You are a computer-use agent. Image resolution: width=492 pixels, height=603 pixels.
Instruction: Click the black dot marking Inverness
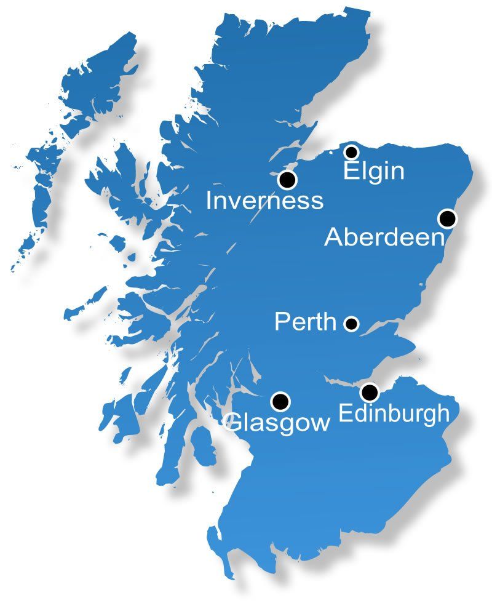point(287,180)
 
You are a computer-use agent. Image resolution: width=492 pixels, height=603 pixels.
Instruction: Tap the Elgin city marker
point(351,152)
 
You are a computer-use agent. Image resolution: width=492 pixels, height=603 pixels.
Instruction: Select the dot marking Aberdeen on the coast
point(447,218)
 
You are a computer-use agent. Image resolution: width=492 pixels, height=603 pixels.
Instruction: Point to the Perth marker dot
point(351,324)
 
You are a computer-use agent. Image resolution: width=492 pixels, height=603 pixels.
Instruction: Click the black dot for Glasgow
point(281,401)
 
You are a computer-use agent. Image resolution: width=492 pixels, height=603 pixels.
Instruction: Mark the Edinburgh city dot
point(369,392)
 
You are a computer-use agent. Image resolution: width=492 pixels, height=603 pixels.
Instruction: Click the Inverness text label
point(264,201)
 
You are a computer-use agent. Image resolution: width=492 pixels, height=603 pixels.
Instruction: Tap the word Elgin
point(373,170)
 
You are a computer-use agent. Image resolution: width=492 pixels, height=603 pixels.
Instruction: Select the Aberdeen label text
point(384,237)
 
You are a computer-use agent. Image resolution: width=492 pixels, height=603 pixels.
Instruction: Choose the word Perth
point(305,321)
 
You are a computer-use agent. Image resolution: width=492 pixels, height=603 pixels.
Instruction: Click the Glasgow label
point(277,423)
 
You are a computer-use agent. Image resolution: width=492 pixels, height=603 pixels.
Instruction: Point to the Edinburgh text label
point(394,413)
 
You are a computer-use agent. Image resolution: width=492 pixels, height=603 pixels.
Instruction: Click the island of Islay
point(114,409)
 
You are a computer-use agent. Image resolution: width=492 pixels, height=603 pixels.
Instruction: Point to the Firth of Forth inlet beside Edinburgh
point(344,384)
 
